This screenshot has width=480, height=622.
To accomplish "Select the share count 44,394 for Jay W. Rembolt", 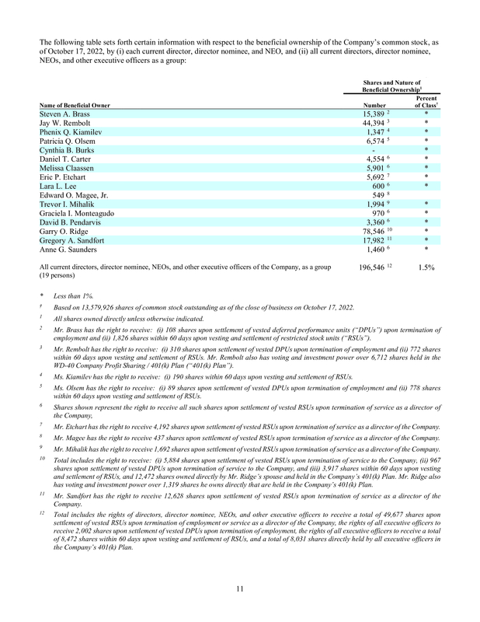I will (375, 124).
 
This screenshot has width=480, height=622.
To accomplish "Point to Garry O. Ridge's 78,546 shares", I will (374, 232).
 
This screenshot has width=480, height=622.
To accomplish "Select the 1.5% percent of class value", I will (425, 267).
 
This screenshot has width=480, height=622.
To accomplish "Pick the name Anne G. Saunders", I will (69, 250).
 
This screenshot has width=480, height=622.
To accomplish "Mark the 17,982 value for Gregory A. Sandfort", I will (374, 241).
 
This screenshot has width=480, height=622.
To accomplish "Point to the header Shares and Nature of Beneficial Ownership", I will (391, 86).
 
